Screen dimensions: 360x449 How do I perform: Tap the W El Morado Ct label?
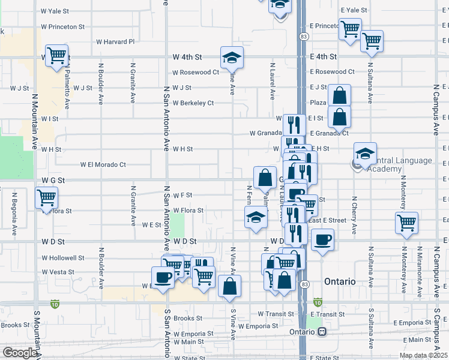pos(103,164)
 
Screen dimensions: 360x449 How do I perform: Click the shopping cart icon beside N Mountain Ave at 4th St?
pos(56,56)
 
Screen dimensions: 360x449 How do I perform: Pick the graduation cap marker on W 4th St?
pos(231,58)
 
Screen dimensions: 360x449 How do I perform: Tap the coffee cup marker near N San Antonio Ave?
pos(163,277)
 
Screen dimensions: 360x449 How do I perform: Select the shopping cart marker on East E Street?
pos(407,223)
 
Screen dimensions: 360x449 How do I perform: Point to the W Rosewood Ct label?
pos(196,72)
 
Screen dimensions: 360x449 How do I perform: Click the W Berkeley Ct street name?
pos(193,103)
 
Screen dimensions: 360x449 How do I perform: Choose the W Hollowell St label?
pos(63,257)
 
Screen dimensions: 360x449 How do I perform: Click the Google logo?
pos(19,353)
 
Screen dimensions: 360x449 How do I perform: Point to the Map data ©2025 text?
pos(423,355)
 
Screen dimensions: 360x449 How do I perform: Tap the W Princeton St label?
pos(63,26)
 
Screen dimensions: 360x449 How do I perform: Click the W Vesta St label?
pos(58,272)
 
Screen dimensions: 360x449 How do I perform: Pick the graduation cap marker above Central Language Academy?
pos(365,153)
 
